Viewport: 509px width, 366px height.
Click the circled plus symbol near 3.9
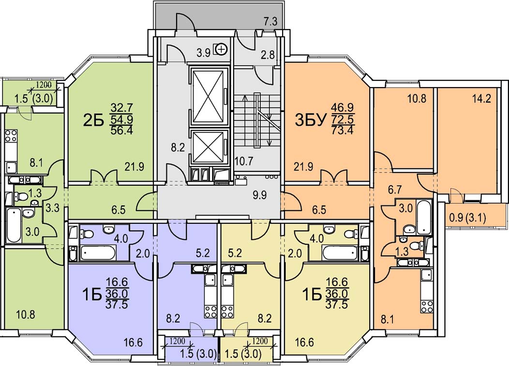point(222,48)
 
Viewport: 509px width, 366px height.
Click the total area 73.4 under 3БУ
point(342,129)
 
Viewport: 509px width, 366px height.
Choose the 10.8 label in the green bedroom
point(25,313)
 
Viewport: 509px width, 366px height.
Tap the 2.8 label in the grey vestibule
point(268,55)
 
